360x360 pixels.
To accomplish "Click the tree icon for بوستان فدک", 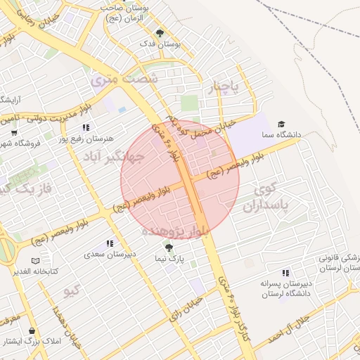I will [x=160, y=32].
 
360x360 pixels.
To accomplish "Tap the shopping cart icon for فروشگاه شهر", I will [x=14, y=133].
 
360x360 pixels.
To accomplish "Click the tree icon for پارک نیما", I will [x=168, y=247].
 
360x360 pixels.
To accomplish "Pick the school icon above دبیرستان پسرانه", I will [x=285, y=273].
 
